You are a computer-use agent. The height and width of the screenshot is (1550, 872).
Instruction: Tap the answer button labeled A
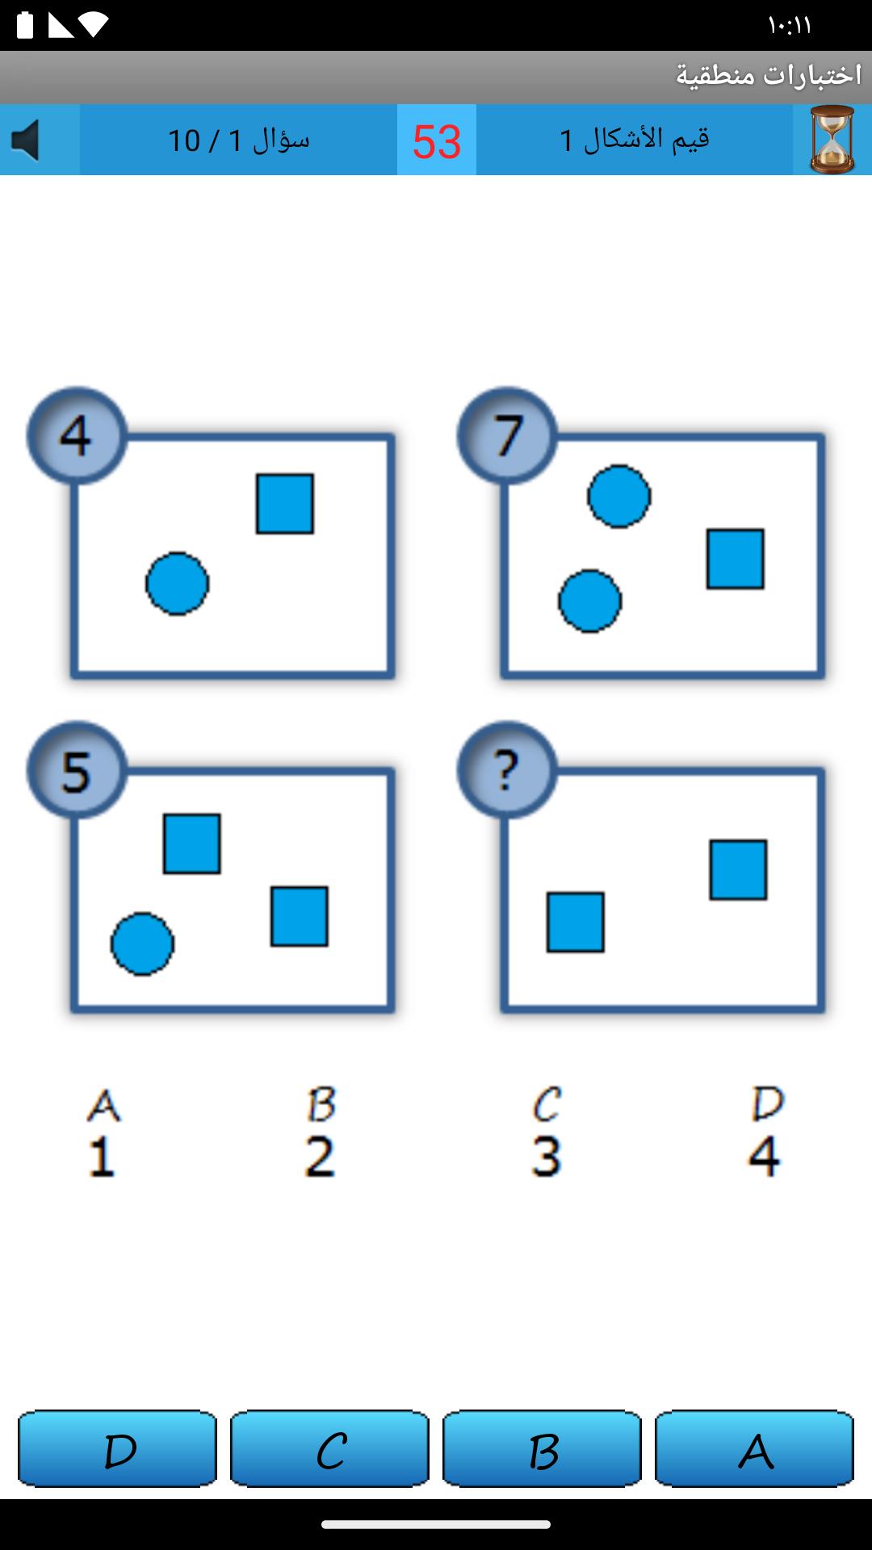point(754,1448)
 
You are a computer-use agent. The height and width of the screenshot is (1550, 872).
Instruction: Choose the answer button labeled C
point(329,1448)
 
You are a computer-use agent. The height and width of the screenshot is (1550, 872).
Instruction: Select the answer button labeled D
point(117,1448)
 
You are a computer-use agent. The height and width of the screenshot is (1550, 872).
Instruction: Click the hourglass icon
point(832,140)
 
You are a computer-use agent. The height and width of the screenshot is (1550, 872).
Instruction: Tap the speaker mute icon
point(26,140)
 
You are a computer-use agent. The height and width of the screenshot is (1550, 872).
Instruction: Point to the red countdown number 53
point(437,141)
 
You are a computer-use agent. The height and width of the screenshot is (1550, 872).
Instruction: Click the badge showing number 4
point(77,436)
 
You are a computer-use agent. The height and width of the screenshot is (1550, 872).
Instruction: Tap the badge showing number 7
point(507,436)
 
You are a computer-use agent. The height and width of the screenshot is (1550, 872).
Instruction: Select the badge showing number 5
point(77,770)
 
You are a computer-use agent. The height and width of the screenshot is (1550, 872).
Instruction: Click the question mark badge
point(507,770)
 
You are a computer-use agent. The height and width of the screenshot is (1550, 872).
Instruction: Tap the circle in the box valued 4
point(178,584)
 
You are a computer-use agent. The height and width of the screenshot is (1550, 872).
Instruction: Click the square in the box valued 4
point(285,504)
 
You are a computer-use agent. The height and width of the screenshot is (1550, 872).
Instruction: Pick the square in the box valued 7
point(736,559)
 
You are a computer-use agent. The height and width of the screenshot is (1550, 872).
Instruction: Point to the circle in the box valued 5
point(142,944)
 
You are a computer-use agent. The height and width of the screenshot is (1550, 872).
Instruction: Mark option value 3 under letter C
point(547,1156)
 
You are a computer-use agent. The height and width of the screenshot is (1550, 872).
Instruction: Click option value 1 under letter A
point(102,1156)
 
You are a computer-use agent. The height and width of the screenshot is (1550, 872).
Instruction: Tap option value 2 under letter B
point(320,1156)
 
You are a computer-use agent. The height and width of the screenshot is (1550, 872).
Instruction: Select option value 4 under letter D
point(764,1156)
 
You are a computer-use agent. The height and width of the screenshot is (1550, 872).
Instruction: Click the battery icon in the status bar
point(25,25)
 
